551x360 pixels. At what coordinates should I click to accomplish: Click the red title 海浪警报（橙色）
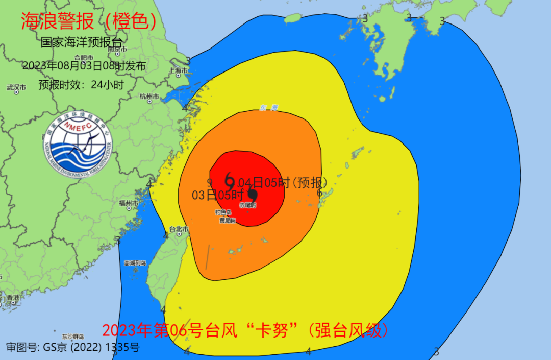(88, 21)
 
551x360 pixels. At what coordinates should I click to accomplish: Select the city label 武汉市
(16, 87)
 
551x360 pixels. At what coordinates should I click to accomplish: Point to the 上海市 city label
(179, 70)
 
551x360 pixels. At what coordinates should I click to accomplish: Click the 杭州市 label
(149, 97)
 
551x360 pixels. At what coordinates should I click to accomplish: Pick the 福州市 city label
(128, 203)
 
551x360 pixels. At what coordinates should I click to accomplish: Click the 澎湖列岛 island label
(135, 263)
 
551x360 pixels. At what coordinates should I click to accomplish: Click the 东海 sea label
(268, 108)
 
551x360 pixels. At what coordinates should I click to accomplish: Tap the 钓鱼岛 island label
(223, 212)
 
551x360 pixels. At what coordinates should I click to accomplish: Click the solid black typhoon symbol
(253, 194)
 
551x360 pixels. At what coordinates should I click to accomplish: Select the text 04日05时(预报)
(282, 182)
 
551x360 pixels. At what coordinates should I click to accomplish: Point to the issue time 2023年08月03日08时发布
(84, 66)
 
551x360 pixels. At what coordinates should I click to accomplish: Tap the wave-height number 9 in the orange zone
(209, 182)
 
